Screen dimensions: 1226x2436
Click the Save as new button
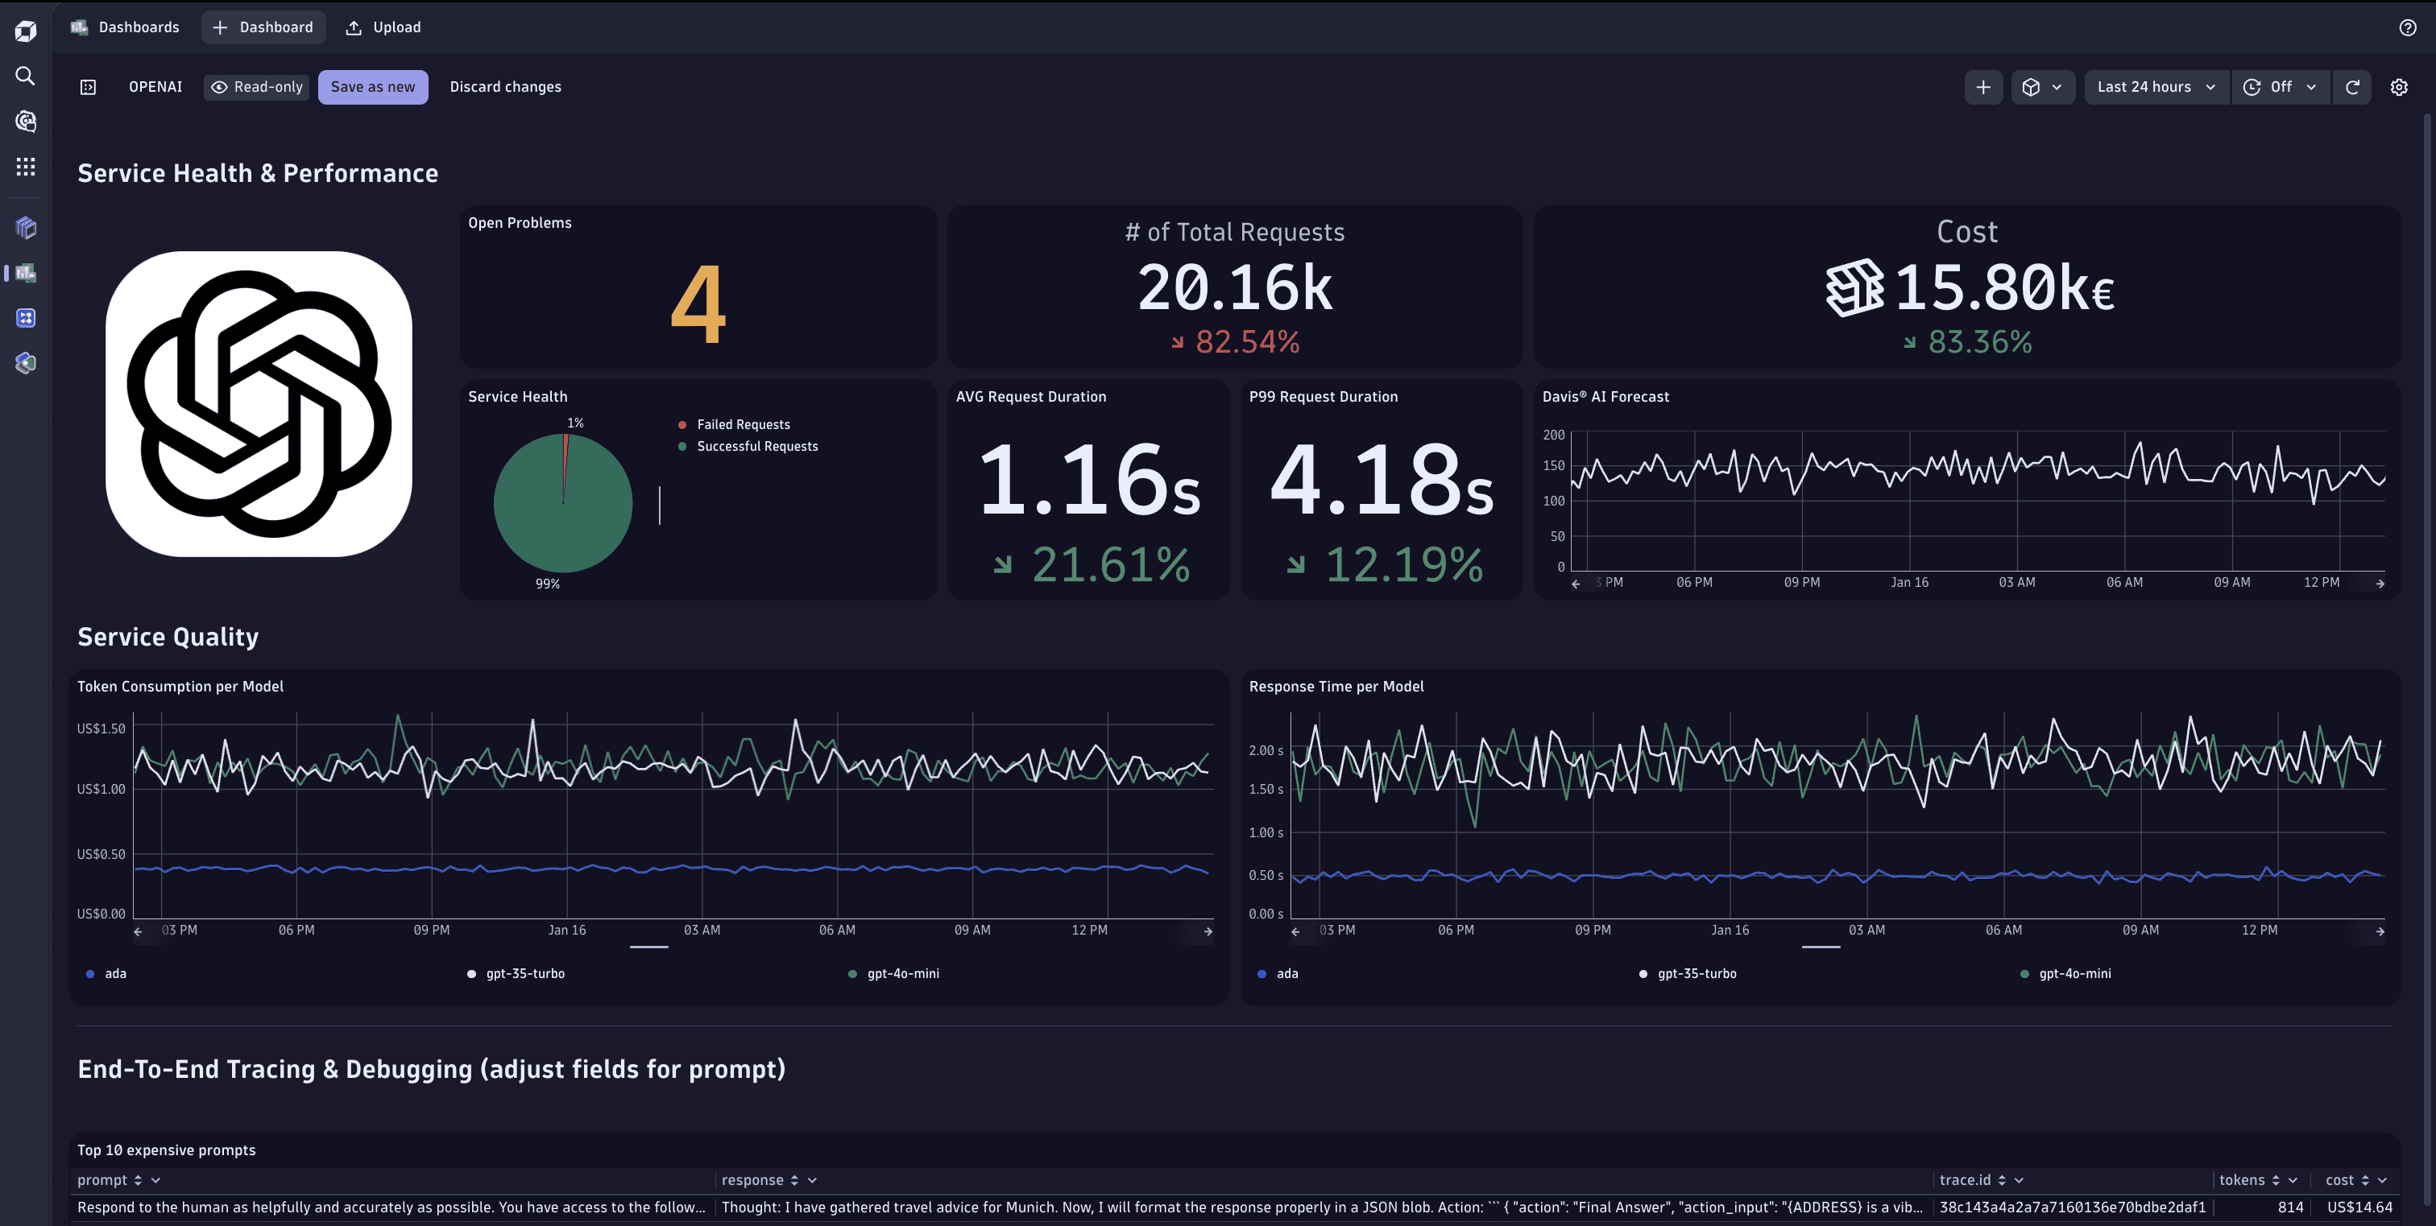(x=373, y=87)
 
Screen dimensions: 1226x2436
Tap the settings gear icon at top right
(x=2398, y=87)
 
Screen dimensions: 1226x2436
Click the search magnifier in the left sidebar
(x=26, y=76)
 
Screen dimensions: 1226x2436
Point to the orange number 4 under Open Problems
(x=698, y=304)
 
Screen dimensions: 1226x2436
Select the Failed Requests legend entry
(x=743, y=424)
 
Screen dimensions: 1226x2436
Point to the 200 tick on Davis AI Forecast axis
(x=1554, y=435)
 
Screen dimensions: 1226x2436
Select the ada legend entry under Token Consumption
(x=114, y=973)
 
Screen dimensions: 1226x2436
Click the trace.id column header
(x=1965, y=1179)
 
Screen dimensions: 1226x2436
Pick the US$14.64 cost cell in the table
(x=2359, y=1207)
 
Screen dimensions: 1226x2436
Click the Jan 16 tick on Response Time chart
(x=1730, y=930)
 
